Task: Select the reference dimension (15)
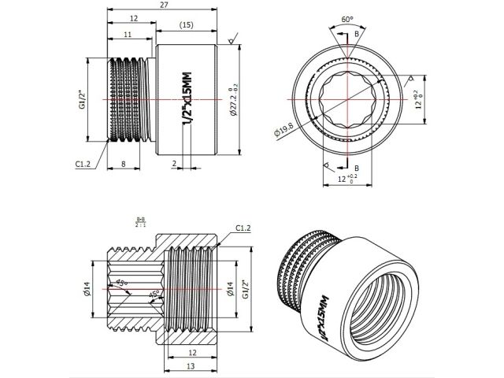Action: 187,26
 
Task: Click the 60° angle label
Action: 347,18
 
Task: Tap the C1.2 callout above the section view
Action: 243,228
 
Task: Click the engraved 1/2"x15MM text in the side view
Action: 187,99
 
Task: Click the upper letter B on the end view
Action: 359,34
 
